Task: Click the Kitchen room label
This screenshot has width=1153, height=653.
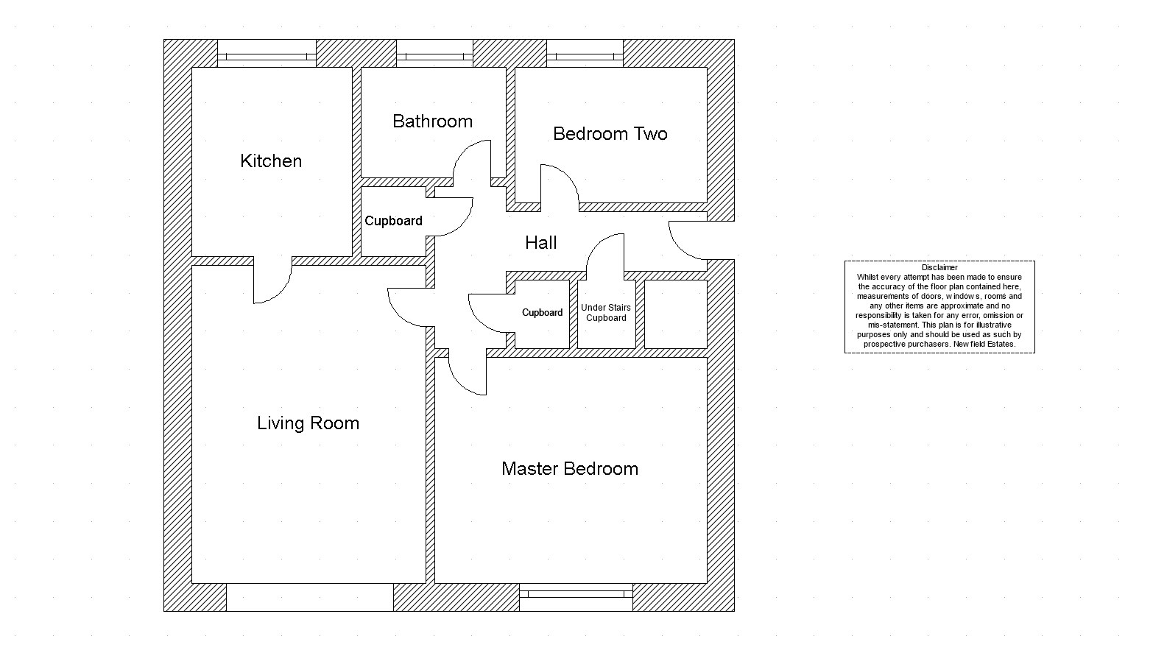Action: pyautogui.click(x=271, y=161)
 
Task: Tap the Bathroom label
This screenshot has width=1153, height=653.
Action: pyautogui.click(x=432, y=121)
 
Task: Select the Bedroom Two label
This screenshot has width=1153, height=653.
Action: pyautogui.click(x=610, y=134)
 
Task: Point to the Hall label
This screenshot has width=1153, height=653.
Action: pyautogui.click(x=540, y=243)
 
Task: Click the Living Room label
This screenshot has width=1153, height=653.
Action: pyautogui.click(x=308, y=423)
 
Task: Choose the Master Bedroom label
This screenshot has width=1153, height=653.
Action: pyautogui.click(x=569, y=469)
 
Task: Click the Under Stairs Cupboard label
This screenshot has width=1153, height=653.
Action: pyautogui.click(x=606, y=313)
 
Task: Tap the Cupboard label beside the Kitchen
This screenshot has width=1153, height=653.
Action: pyautogui.click(x=393, y=221)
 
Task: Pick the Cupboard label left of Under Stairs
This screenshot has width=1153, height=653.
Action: pyautogui.click(x=542, y=313)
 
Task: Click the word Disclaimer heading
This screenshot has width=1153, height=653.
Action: pyautogui.click(x=939, y=268)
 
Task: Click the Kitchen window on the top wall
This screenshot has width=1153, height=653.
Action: pyautogui.click(x=267, y=56)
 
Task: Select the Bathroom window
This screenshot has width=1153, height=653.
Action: pyautogui.click(x=434, y=56)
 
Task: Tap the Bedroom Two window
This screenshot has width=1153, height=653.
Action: pyautogui.click(x=585, y=56)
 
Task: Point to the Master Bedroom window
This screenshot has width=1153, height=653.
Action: pyautogui.click(x=576, y=592)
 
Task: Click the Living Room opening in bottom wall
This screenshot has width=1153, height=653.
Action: pyautogui.click(x=309, y=597)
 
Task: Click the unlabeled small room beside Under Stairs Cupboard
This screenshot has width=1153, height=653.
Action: pyautogui.click(x=675, y=314)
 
